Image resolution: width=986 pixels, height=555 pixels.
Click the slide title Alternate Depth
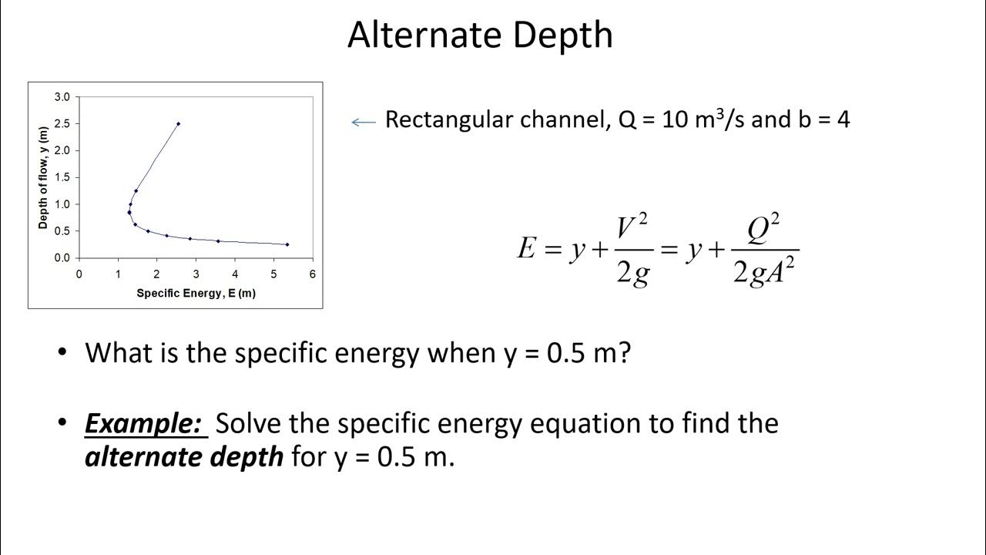click(x=480, y=35)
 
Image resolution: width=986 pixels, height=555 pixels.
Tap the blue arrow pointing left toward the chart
click(x=363, y=121)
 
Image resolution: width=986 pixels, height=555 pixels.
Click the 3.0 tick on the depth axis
click(x=62, y=96)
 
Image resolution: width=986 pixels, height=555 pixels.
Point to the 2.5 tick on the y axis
click(x=62, y=123)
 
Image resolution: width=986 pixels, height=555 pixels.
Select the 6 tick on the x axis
click(x=312, y=274)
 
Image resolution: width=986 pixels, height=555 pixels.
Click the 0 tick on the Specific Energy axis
click(x=79, y=274)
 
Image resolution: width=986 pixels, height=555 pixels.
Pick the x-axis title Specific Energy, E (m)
click(x=196, y=294)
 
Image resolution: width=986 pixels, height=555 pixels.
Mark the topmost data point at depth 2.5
click(x=178, y=123)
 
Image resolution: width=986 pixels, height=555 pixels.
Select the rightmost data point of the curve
click(x=287, y=244)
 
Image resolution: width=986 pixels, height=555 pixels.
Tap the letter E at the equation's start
click(x=526, y=249)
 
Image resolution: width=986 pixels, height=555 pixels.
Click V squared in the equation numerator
click(x=632, y=227)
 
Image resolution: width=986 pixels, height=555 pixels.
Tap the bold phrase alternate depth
click(x=183, y=457)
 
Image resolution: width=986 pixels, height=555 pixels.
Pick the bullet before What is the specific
click(x=63, y=353)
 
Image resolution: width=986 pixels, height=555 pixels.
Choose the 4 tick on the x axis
click(x=234, y=274)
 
